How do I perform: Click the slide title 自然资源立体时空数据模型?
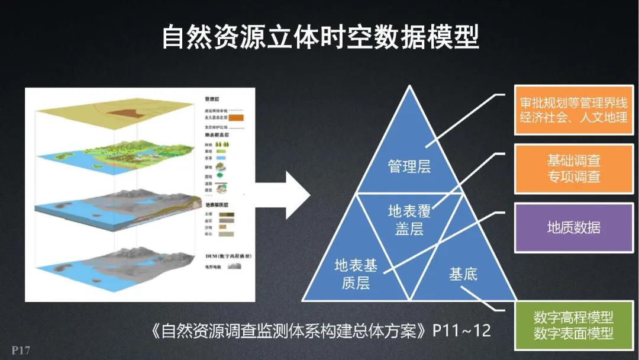pyautogui.click(x=319, y=37)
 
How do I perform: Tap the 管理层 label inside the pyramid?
pyautogui.click(x=409, y=166)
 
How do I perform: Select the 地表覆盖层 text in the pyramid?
pyautogui.click(x=409, y=220)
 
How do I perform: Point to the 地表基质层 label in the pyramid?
pyautogui.click(x=356, y=274)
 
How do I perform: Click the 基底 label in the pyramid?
pyautogui.click(x=463, y=274)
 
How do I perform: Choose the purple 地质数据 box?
pyautogui.click(x=573, y=227)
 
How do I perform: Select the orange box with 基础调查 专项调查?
pyautogui.click(x=573, y=169)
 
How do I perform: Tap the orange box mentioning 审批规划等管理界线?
pyautogui.click(x=573, y=110)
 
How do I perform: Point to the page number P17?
pyautogui.click(x=20, y=350)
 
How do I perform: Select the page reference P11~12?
pyautogui.click(x=461, y=330)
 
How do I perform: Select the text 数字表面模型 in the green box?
pyautogui.click(x=573, y=333)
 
